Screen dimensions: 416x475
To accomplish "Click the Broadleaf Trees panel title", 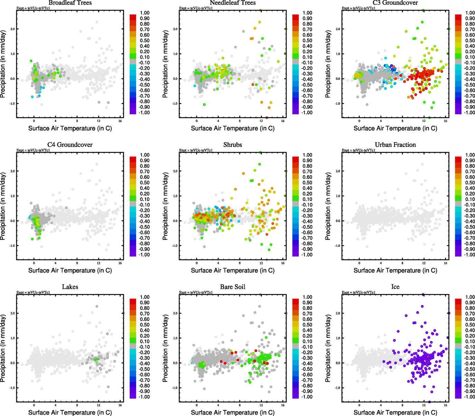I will click(x=70, y=3).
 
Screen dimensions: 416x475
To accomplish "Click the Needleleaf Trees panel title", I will click(x=232, y=3).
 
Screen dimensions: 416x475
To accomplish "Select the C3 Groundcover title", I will click(x=395, y=3).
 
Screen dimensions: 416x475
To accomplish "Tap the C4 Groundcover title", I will click(x=70, y=145).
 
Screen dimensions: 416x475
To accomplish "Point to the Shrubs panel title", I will click(x=232, y=145).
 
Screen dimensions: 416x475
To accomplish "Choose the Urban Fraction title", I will click(x=395, y=145).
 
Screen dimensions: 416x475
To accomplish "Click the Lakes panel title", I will click(x=70, y=287).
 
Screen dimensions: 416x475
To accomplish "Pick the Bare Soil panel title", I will click(x=232, y=287).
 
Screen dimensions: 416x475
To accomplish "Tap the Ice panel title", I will click(x=395, y=287).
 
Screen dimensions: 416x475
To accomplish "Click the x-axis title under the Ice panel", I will click(x=395, y=413).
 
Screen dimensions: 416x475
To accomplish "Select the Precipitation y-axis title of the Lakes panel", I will click(x=3, y=348).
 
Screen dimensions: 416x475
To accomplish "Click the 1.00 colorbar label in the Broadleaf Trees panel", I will click(x=145, y=13).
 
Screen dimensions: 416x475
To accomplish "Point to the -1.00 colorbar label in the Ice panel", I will click(x=469, y=397).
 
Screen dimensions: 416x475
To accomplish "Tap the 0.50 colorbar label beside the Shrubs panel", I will click(x=307, y=183).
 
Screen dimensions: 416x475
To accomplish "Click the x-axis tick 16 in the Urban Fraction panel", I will click(x=446, y=263).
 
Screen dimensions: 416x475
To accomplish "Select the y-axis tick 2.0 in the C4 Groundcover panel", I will click(x=12, y=171).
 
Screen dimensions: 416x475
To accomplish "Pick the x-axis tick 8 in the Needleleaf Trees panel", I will click(x=240, y=121).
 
